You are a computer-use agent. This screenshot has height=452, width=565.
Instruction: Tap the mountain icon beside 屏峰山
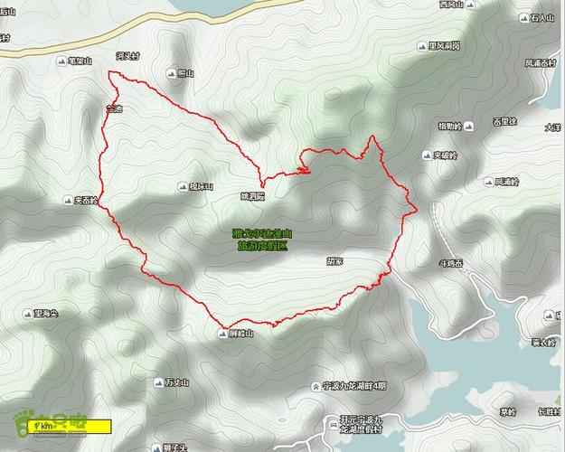coord(221,334)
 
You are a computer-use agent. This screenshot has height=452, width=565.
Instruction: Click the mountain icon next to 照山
coord(171,73)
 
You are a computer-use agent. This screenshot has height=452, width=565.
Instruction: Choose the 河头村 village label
coord(128,56)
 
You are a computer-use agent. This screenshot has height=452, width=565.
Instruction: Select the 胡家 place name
coord(334,261)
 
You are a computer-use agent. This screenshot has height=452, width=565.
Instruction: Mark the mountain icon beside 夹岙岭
coord(65,201)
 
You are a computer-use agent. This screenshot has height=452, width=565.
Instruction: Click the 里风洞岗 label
coord(444,45)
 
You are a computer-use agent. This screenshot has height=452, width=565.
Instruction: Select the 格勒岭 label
coord(448,126)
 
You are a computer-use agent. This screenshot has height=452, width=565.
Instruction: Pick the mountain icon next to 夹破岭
coord(426,155)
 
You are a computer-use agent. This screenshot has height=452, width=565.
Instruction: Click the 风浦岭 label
coord(506,182)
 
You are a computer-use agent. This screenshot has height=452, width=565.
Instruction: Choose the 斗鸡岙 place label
coord(450,263)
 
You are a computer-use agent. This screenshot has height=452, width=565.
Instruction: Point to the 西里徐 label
coord(504,120)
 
